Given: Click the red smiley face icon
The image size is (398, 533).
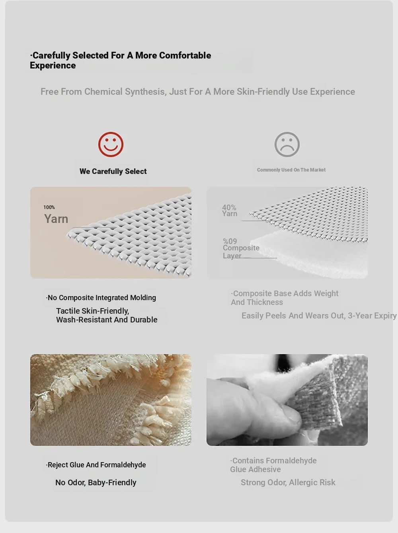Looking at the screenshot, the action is [x=111, y=144].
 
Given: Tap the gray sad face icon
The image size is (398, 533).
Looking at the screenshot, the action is [x=287, y=144].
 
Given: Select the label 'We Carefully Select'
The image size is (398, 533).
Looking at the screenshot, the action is [x=113, y=172].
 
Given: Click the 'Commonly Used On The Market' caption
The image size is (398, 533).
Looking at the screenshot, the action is [x=291, y=170].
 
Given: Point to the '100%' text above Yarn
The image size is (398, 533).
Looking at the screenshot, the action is [x=49, y=207].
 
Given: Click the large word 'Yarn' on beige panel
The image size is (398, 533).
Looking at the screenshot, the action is [x=56, y=219].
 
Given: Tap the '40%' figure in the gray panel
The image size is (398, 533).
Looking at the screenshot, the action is [x=229, y=207].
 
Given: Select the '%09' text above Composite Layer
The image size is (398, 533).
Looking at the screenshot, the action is [x=230, y=241].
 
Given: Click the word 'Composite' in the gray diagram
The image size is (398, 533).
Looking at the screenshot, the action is [x=241, y=248].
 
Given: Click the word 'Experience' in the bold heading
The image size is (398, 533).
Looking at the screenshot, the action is [x=53, y=66].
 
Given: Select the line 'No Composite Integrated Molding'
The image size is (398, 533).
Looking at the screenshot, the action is [x=101, y=298].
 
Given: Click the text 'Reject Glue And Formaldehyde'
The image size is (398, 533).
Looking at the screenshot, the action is [x=96, y=465].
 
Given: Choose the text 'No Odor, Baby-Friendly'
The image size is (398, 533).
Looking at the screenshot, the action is [x=96, y=482].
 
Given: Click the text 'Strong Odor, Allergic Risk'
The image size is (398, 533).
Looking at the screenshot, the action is [x=288, y=482].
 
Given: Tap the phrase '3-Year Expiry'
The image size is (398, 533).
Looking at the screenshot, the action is [x=372, y=316].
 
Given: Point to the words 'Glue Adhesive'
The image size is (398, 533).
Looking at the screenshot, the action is [x=255, y=469].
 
